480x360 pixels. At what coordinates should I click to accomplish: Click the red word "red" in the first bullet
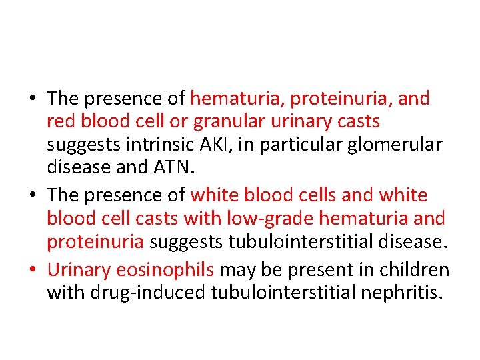tap(59, 122)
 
